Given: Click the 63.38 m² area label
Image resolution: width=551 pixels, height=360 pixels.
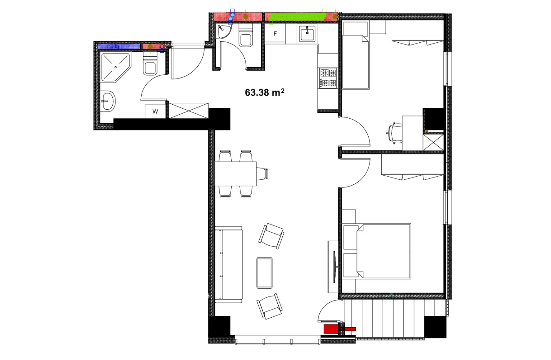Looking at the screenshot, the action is click(264, 92).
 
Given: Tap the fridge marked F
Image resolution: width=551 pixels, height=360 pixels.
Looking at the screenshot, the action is click(275, 33).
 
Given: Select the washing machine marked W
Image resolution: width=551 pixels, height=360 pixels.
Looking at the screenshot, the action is click(155, 112).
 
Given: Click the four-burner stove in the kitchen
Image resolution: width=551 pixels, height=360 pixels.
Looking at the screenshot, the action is click(328, 78).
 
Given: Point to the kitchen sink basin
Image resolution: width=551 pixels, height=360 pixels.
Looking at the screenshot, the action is click(307, 33).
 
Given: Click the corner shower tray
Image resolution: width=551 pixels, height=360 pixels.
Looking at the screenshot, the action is click(115, 67).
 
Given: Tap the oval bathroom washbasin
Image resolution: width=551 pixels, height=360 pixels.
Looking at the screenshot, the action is click(108, 101).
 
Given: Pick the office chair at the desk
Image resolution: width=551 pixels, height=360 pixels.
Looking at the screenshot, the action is click(394, 133).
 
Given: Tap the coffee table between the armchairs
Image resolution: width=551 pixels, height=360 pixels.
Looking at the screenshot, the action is click(264, 273).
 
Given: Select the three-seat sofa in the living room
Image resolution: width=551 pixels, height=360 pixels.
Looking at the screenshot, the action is click(229, 265).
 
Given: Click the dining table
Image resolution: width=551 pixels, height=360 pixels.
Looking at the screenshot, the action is click(235, 174).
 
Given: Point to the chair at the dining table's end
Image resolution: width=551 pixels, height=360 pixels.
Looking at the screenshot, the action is click(262, 174).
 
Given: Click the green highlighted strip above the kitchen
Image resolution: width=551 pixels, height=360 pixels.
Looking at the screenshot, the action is click(298, 17).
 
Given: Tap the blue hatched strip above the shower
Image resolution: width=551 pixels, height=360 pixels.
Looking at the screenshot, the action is click(119, 46).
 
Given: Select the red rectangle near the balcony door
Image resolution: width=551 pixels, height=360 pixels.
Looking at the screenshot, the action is click(331, 329).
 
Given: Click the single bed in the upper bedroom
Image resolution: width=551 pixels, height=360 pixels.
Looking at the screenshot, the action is click(356, 62).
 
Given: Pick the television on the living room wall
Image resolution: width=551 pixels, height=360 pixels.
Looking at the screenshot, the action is click(334, 267).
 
